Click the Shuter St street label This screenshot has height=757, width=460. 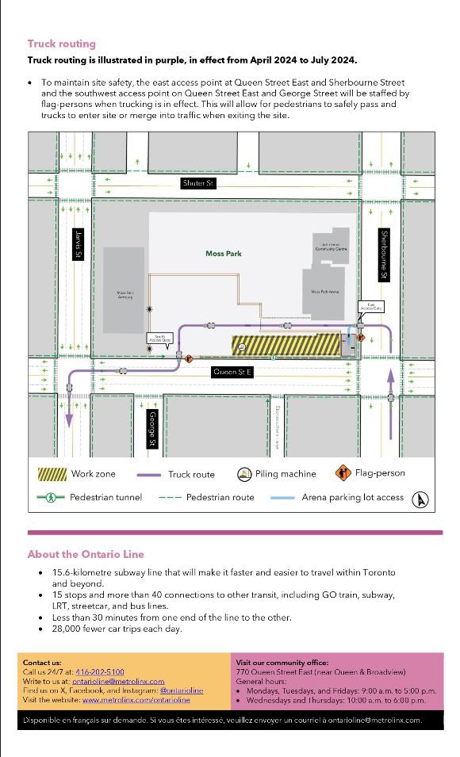(199, 183)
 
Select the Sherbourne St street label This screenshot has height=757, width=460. (383, 254)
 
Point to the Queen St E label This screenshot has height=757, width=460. (232, 371)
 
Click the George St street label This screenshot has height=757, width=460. (152, 429)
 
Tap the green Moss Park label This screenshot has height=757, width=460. (224, 254)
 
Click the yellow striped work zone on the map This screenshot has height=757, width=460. (286, 345)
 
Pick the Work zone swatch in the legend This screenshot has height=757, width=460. (52, 474)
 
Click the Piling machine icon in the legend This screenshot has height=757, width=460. (243, 474)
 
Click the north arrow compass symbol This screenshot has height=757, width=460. (422, 499)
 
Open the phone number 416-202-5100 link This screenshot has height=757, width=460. (99, 671)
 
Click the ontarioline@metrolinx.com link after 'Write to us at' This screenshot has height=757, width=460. (118, 681)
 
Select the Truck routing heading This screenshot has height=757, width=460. (62, 44)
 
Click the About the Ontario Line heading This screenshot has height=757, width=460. (86, 554)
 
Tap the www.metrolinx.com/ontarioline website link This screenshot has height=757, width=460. (136, 700)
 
